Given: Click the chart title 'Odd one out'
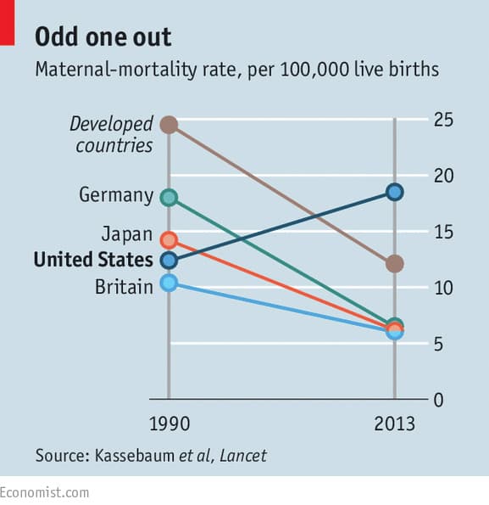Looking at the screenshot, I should point(103,36).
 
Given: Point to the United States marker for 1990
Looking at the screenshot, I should point(169,260).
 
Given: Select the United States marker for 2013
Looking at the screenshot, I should point(394,192).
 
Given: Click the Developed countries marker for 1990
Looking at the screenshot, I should point(169,125).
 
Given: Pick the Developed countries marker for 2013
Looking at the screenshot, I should point(394,264).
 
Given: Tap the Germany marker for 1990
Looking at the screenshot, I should point(169,198).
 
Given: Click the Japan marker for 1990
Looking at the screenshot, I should point(169,240).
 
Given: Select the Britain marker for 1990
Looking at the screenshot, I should point(169,283).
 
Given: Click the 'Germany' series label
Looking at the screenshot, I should point(116,195).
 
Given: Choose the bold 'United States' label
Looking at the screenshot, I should point(93,260).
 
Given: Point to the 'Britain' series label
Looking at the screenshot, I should point(124,286).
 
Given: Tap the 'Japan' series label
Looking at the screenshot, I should point(127,233).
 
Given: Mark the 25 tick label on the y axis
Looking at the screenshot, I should point(443,120).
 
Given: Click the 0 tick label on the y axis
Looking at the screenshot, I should point(438,400).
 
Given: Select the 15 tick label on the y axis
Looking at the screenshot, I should point(443,233).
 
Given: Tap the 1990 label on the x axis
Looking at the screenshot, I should point(169,424).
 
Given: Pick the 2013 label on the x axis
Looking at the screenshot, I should point(394,424).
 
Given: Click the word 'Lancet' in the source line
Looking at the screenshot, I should point(242,456).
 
